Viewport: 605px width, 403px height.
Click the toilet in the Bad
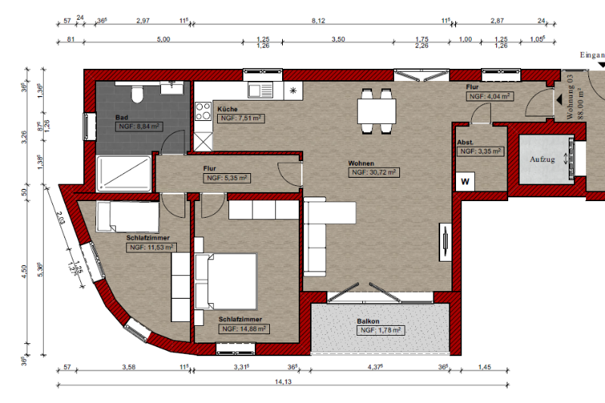[137, 95]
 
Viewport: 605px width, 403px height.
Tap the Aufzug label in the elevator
[542, 159]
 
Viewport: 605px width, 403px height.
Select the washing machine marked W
[465, 181]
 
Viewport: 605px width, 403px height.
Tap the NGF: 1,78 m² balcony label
[380, 330]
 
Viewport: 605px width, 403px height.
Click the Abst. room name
[465, 142]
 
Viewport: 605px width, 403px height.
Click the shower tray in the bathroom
[124, 172]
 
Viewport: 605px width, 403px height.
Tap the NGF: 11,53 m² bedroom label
[150, 247]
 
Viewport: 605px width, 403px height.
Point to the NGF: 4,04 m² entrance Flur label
[489, 97]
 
